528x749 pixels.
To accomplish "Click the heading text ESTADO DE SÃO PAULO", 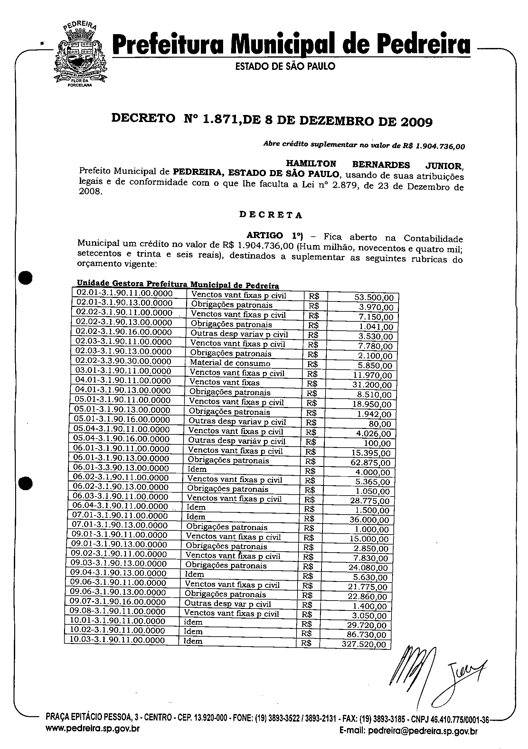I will pos(285,67).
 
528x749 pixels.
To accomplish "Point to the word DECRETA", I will pos(270,215).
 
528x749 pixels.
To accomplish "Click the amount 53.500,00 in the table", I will pos(374,298).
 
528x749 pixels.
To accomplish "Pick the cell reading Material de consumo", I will pos(230,363).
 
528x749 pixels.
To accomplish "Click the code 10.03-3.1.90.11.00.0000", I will pos(117,640).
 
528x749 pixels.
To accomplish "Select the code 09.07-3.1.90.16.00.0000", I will pos(118,602).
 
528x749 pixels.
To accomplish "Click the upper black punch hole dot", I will pos(25,278).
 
